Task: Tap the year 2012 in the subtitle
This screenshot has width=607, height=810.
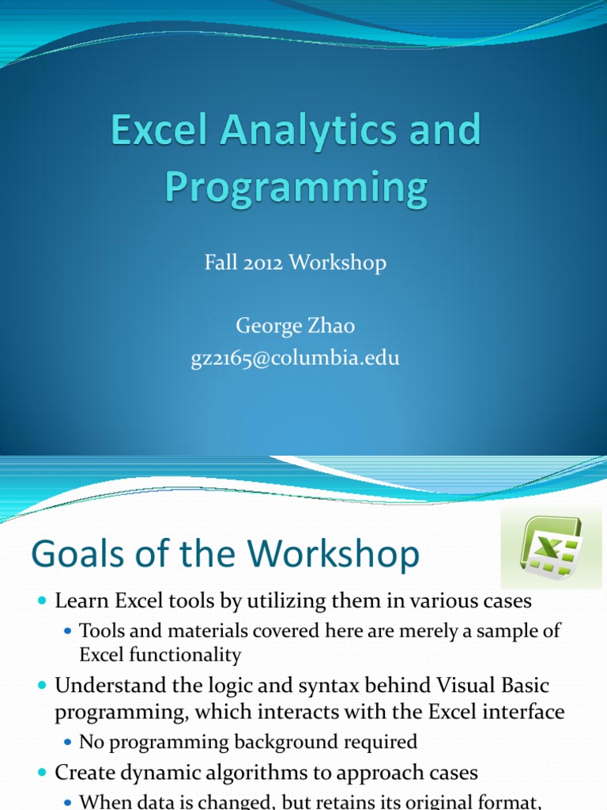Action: click(261, 263)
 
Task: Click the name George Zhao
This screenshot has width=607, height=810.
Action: click(294, 326)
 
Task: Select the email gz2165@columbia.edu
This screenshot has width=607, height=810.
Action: click(295, 358)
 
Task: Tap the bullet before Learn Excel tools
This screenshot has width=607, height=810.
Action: click(41, 602)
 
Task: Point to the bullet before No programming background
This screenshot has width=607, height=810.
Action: click(67, 743)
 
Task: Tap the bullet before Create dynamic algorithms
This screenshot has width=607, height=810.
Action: click(41, 773)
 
